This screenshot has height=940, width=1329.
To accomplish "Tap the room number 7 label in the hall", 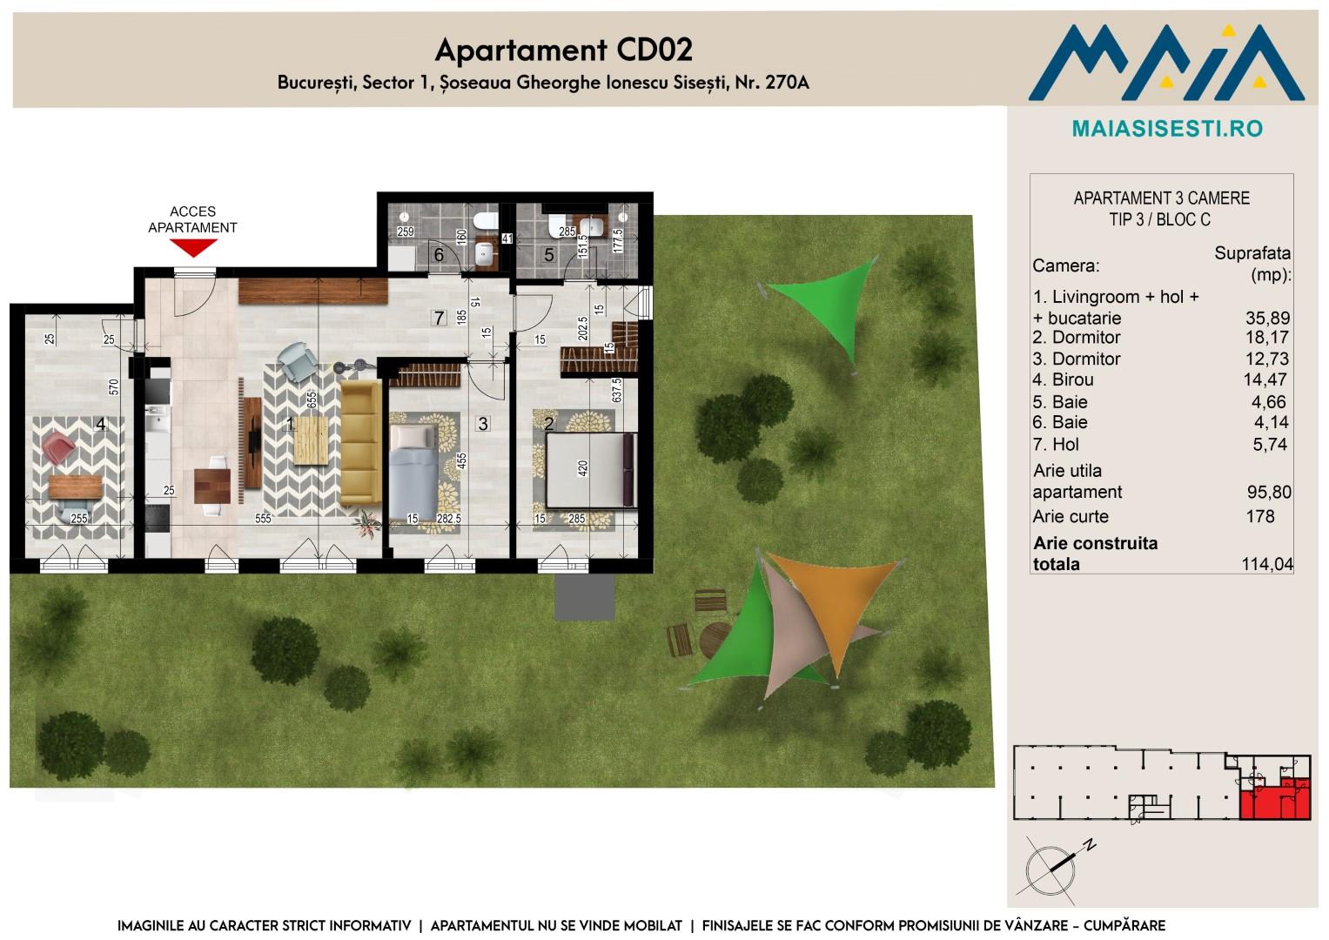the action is click(439, 318).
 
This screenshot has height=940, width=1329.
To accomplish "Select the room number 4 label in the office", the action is click(101, 424).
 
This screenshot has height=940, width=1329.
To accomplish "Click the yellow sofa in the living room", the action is click(360, 443).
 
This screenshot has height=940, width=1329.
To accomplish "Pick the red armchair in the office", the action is click(58, 447).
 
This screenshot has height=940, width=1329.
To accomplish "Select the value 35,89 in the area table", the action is click(1267, 318).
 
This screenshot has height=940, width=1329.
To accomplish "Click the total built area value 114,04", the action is click(1267, 564).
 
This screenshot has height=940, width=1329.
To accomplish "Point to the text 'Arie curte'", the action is click(1071, 516).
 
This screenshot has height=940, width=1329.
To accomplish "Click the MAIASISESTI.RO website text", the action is click(1168, 129).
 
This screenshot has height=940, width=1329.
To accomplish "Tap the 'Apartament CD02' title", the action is click(564, 50).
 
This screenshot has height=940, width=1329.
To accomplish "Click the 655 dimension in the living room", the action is click(312, 399).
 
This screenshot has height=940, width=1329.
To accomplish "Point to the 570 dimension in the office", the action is click(114, 387).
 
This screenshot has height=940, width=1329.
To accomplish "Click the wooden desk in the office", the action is click(75, 487).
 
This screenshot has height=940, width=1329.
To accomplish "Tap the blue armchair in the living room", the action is click(297, 362).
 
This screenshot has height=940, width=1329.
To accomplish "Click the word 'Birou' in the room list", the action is click(1073, 379).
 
